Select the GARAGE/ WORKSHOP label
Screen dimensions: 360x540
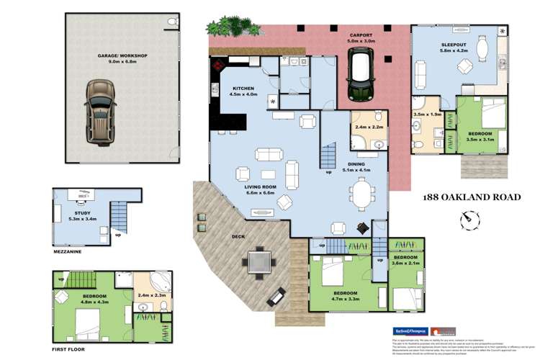click(123, 55)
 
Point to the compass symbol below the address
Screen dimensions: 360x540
click(469, 218)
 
